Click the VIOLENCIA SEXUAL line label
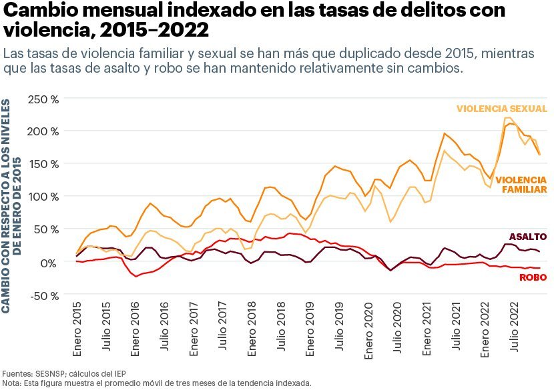coord(501,109)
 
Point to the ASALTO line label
coord(527,237)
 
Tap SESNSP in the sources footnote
coord(46,373)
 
